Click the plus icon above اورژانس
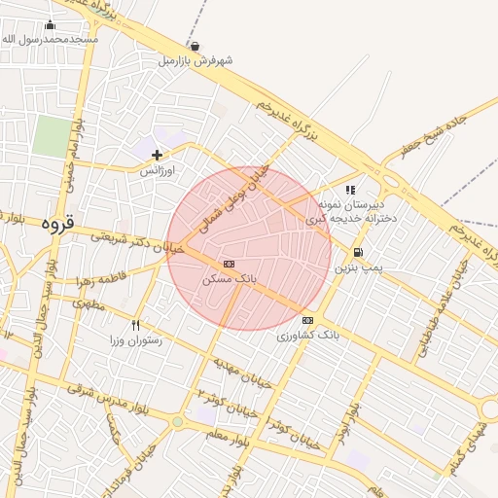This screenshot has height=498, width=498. click(x=157, y=155)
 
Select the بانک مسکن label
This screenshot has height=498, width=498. click(x=230, y=278)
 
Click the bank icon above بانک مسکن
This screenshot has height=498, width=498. click(x=229, y=264)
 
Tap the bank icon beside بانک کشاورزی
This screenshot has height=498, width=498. click(x=307, y=320)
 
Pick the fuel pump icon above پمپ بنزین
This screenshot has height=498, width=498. click(x=357, y=252)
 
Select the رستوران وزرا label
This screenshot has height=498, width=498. click(x=135, y=340)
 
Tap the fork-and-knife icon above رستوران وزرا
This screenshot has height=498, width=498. click(x=135, y=325)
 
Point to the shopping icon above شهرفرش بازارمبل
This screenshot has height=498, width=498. click(x=196, y=46)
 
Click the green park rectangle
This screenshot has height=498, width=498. click(x=50, y=136)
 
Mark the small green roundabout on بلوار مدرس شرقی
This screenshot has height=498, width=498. click(x=177, y=423)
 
